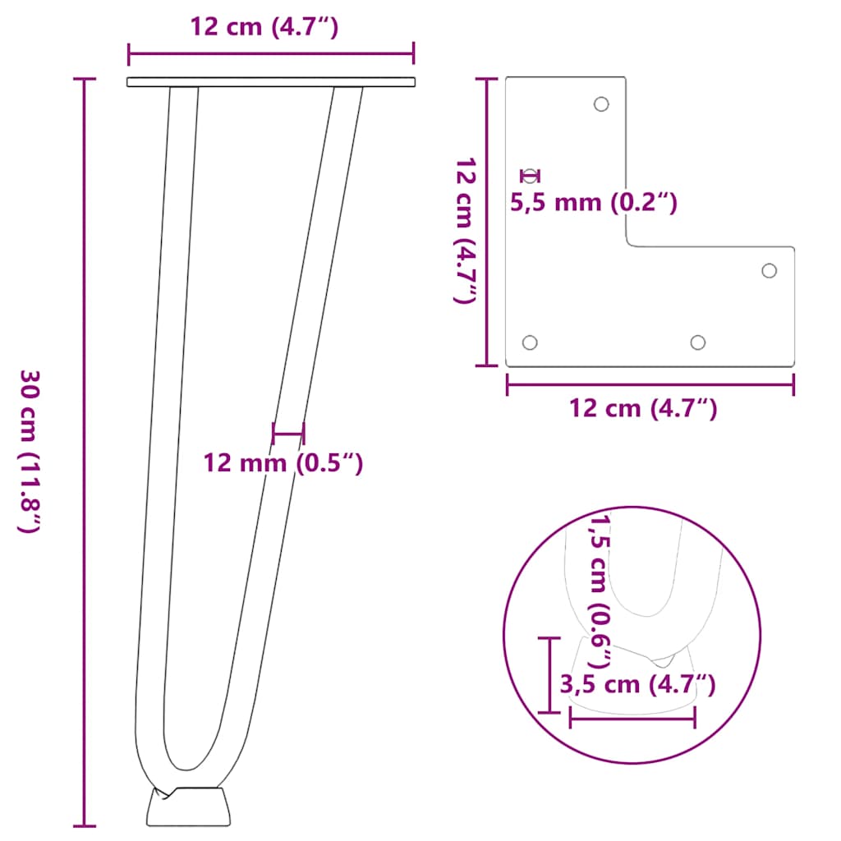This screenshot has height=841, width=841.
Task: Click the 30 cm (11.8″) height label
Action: (x=30, y=451)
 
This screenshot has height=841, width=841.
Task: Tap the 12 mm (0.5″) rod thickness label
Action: (x=283, y=463)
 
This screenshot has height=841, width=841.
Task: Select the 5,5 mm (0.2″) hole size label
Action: (x=594, y=202)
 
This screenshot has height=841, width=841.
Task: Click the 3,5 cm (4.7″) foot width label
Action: (x=637, y=683)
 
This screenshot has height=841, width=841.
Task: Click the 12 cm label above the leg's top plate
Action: (x=264, y=26)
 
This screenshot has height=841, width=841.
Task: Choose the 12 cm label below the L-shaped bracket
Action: (x=643, y=407)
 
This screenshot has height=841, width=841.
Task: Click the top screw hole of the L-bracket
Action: (x=601, y=104)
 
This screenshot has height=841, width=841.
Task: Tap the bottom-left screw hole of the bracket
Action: (x=530, y=342)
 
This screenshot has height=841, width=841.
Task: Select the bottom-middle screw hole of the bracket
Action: (x=698, y=342)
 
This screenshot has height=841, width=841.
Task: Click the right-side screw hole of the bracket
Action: (x=770, y=270)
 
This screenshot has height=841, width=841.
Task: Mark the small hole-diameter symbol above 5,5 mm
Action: (x=531, y=175)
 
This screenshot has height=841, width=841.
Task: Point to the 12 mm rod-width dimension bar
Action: (x=288, y=433)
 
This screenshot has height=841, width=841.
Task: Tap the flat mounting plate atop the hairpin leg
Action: (x=271, y=82)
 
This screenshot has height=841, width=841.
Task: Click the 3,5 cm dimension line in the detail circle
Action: (x=632, y=719)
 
